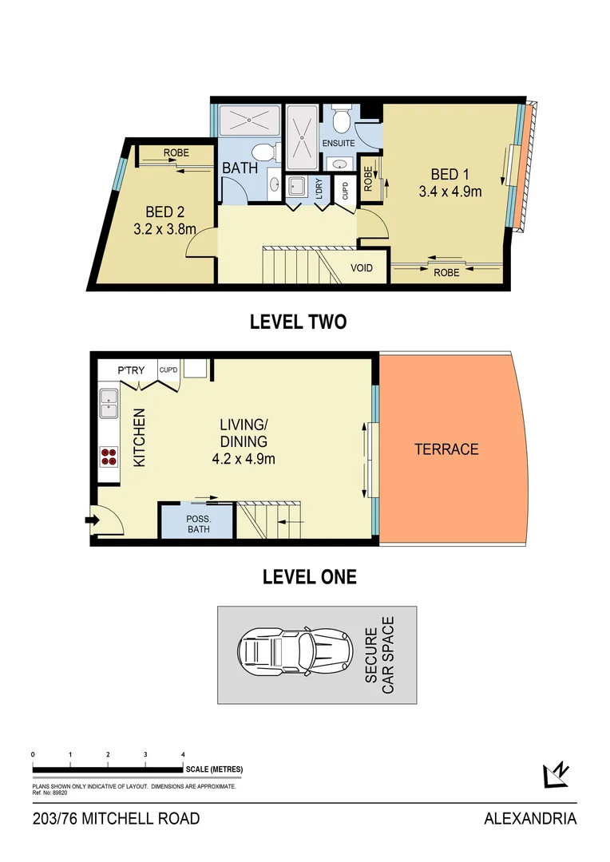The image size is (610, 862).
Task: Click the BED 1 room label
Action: click(445, 175)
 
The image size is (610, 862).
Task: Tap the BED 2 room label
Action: click(164, 212)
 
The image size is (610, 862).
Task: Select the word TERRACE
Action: click(446, 449)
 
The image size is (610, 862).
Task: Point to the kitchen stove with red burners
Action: click(109, 456)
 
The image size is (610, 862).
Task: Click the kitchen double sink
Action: click(109, 403)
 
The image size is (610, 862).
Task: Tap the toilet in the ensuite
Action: click(342, 121)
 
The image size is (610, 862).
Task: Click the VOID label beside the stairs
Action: click(362, 268)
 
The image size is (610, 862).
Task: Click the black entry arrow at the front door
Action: click(91, 521)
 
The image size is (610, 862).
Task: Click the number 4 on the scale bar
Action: click(183, 753)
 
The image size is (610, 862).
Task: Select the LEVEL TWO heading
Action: click(298, 322)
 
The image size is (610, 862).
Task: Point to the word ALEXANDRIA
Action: click(530, 818)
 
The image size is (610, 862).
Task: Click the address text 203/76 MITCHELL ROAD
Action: click(117, 818)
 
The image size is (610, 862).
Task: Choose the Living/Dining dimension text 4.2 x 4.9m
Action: click(244, 458)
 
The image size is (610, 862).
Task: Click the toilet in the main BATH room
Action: click(262, 152)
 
